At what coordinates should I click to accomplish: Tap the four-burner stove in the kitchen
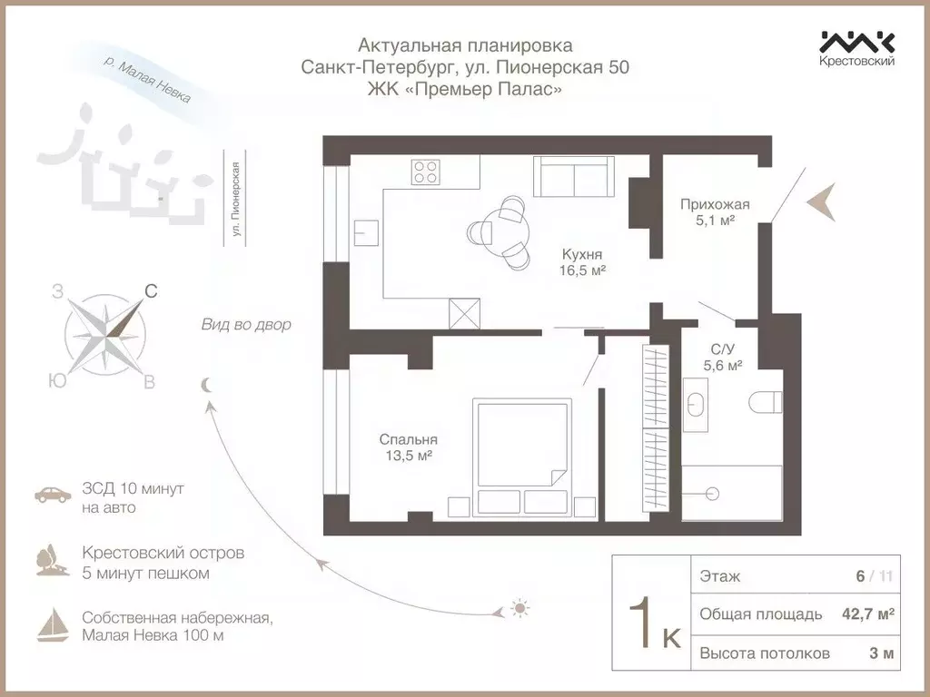425,172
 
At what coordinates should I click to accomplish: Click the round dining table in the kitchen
504,232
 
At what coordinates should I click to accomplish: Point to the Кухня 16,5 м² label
582,262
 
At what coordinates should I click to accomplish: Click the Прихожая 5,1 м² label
715,211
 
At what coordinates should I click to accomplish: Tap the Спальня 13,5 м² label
404,447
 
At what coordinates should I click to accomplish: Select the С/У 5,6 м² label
723,357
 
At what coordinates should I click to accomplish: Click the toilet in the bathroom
765,401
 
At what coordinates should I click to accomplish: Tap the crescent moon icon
207,385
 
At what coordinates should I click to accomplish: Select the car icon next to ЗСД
53,496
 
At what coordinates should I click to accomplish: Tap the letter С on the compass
151,291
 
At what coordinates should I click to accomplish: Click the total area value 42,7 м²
867,614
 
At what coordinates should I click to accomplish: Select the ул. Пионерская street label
236,200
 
